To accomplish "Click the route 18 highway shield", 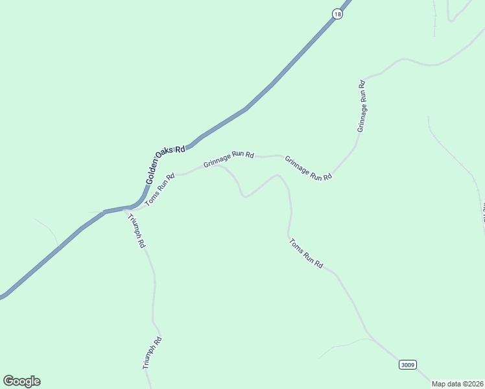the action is click(337, 14).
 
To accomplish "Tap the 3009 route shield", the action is click(407, 365).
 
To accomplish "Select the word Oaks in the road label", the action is click(165, 154).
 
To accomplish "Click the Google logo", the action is click(21, 381).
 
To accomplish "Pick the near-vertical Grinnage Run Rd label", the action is click(363, 106).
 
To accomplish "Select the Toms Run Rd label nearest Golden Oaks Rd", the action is click(160, 189).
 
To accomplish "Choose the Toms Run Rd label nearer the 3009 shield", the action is click(306, 254).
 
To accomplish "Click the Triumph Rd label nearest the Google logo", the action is click(152, 353).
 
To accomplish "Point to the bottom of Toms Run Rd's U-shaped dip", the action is click(244, 196).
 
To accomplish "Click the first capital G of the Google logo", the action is click(8, 381).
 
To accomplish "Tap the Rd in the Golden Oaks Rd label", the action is click(180, 148).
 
